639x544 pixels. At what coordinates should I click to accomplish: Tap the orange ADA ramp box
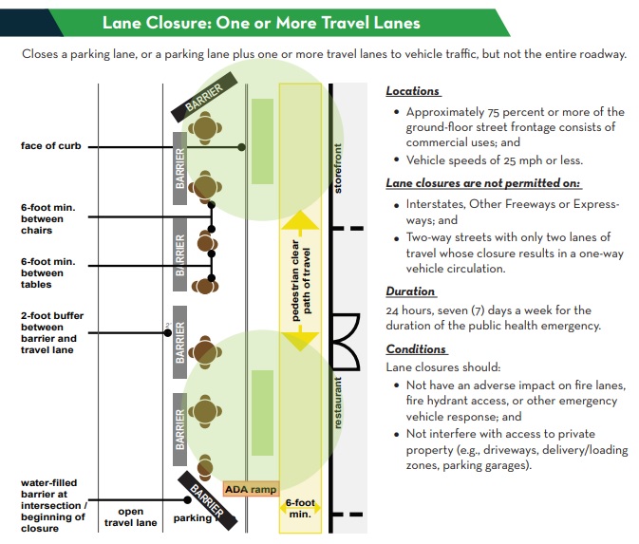point(250,489)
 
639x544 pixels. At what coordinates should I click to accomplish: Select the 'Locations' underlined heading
point(413,91)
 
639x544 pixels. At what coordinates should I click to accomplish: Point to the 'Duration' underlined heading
point(410,291)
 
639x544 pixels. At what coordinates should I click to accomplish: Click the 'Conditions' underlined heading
point(416,349)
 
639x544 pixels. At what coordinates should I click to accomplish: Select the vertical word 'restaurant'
point(339,403)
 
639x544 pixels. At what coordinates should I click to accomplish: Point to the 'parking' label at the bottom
point(193,518)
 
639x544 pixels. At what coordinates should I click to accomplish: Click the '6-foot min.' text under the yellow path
point(300,508)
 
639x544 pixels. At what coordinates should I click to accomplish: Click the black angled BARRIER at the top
point(203,98)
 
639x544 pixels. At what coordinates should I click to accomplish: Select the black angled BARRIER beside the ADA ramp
point(206,498)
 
